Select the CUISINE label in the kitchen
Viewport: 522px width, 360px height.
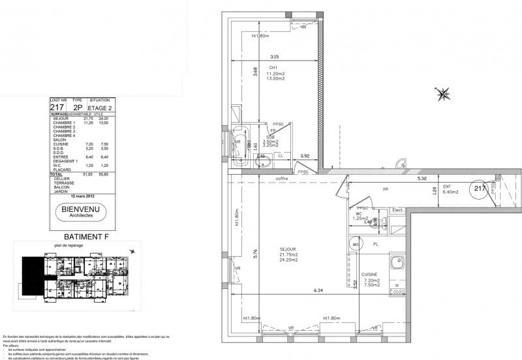pyautogui.click(x=371, y=276)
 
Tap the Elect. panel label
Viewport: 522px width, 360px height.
pyautogui.click(x=398, y=211)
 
